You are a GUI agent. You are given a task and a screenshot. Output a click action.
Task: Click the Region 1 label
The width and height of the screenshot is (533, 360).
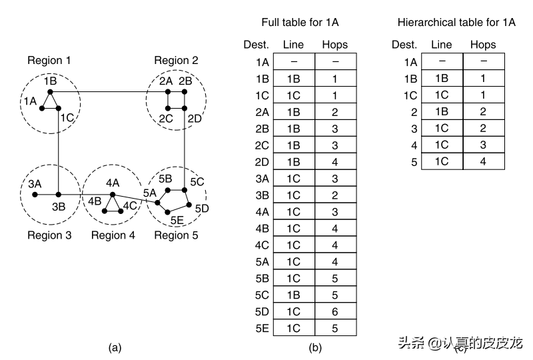49,61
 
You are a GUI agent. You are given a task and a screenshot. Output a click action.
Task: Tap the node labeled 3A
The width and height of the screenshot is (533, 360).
35,195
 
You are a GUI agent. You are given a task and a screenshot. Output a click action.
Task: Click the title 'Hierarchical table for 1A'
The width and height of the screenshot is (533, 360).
456,22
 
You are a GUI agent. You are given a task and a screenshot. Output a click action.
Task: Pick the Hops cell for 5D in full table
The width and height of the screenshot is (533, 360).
334,311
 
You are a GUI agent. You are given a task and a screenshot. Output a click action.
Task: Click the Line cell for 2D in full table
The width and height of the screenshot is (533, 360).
293,161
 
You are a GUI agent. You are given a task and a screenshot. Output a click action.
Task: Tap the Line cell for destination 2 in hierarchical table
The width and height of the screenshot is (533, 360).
441,111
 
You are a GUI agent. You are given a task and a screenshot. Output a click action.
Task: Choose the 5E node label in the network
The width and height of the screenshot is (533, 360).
177,220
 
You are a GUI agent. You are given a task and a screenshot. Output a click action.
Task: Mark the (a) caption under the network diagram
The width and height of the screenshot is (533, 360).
115,347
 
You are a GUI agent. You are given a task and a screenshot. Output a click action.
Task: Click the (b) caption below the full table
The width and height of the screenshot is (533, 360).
315,347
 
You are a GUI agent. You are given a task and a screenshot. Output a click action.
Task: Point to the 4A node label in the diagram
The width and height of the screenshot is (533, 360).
113,182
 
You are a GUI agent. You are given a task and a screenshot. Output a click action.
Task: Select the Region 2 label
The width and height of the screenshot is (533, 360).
176,61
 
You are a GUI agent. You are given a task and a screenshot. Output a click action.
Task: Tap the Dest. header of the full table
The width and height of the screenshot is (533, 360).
256,45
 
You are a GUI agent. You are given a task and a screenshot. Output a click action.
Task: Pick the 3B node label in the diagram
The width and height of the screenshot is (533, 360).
59,206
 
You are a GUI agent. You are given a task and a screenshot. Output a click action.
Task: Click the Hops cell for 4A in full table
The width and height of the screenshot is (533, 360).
334,211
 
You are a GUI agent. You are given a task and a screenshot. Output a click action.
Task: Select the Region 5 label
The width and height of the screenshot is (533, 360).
176,235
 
